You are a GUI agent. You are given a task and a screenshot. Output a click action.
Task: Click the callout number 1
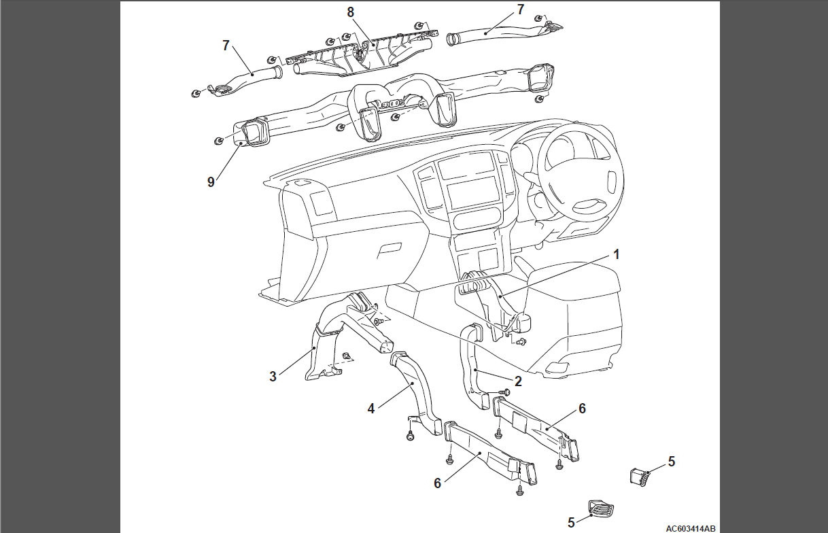pos(616,254)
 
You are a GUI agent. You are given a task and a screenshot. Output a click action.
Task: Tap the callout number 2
pos(518,381)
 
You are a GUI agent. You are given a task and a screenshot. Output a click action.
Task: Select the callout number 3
pos(273,377)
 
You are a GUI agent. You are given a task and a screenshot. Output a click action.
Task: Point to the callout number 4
pos(370,409)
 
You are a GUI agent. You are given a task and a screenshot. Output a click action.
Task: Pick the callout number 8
pos(350,12)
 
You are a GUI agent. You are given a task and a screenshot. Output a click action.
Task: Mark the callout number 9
pos(211,182)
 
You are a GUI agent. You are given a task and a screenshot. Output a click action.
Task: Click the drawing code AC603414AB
pos(691,528)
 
